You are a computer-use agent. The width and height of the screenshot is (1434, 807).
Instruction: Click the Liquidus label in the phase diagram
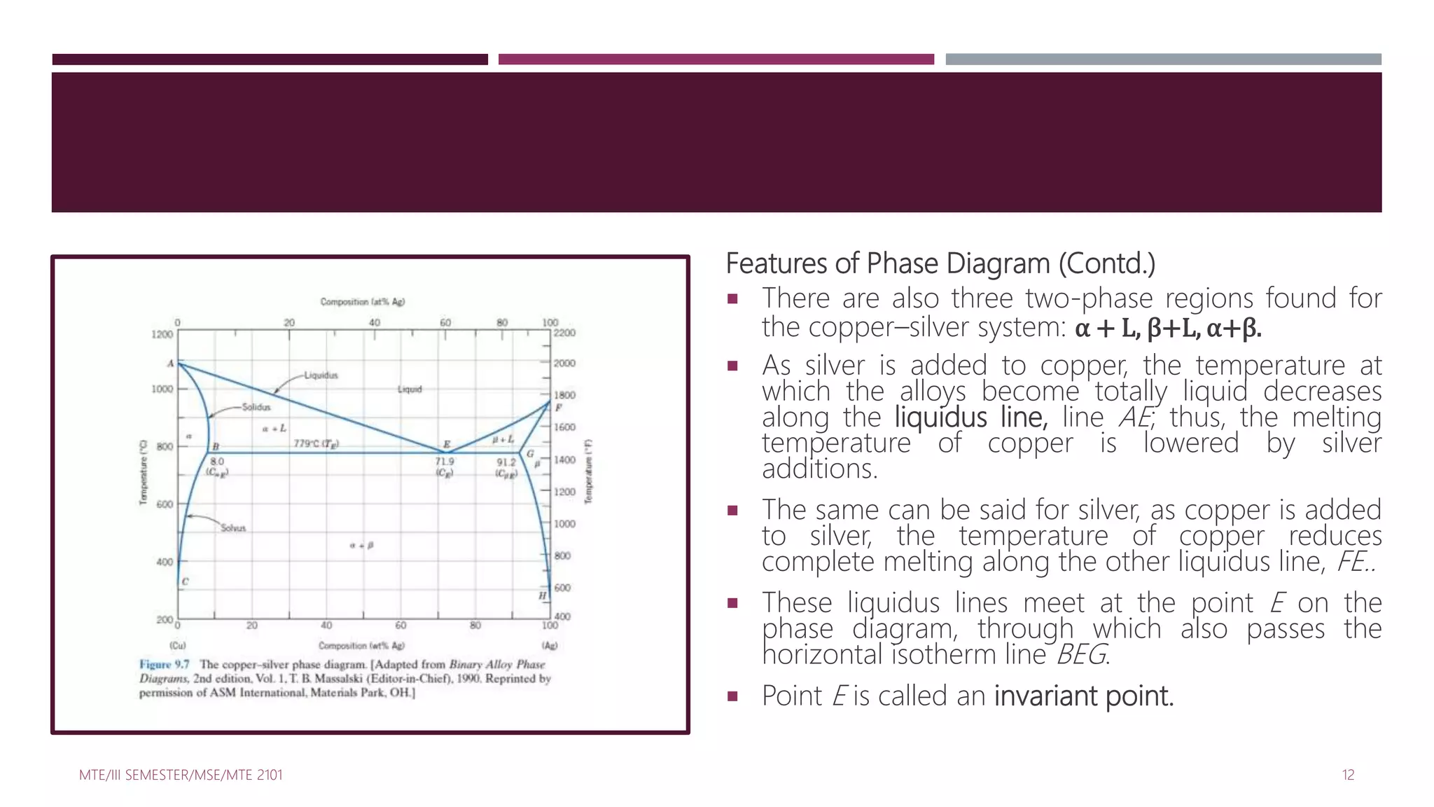(321, 375)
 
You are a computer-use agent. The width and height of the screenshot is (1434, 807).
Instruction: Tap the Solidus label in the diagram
(256, 407)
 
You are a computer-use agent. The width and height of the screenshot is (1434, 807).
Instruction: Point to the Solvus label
(233, 528)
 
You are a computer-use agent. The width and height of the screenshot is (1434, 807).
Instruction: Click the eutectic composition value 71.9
(445, 462)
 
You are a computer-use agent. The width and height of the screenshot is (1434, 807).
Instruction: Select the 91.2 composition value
(506, 462)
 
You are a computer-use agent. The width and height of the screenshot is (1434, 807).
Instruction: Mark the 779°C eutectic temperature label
(316, 443)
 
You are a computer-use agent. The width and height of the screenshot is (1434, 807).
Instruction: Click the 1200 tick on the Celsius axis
(162, 334)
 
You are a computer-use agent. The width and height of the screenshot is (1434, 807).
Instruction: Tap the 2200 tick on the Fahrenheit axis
(564, 333)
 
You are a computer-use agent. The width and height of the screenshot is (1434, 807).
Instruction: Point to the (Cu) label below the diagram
(178, 645)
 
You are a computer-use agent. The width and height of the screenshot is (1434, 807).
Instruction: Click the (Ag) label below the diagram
(550, 645)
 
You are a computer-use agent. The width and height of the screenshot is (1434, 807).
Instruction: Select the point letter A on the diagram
(170, 364)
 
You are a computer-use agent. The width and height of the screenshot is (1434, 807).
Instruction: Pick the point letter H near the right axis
(542, 595)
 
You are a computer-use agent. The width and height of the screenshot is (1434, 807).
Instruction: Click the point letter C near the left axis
(185, 581)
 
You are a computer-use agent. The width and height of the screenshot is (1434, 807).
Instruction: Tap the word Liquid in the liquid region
(410, 389)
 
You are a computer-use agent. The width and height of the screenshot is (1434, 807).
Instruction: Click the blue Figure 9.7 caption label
(164, 664)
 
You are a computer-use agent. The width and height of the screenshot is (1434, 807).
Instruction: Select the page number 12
(1348, 775)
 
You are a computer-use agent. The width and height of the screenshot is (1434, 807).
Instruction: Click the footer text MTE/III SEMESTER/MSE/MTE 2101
(181, 775)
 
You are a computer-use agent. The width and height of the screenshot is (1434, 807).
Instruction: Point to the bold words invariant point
(1083, 696)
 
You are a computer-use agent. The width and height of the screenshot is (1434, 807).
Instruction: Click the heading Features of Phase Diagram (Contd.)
(940, 264)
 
